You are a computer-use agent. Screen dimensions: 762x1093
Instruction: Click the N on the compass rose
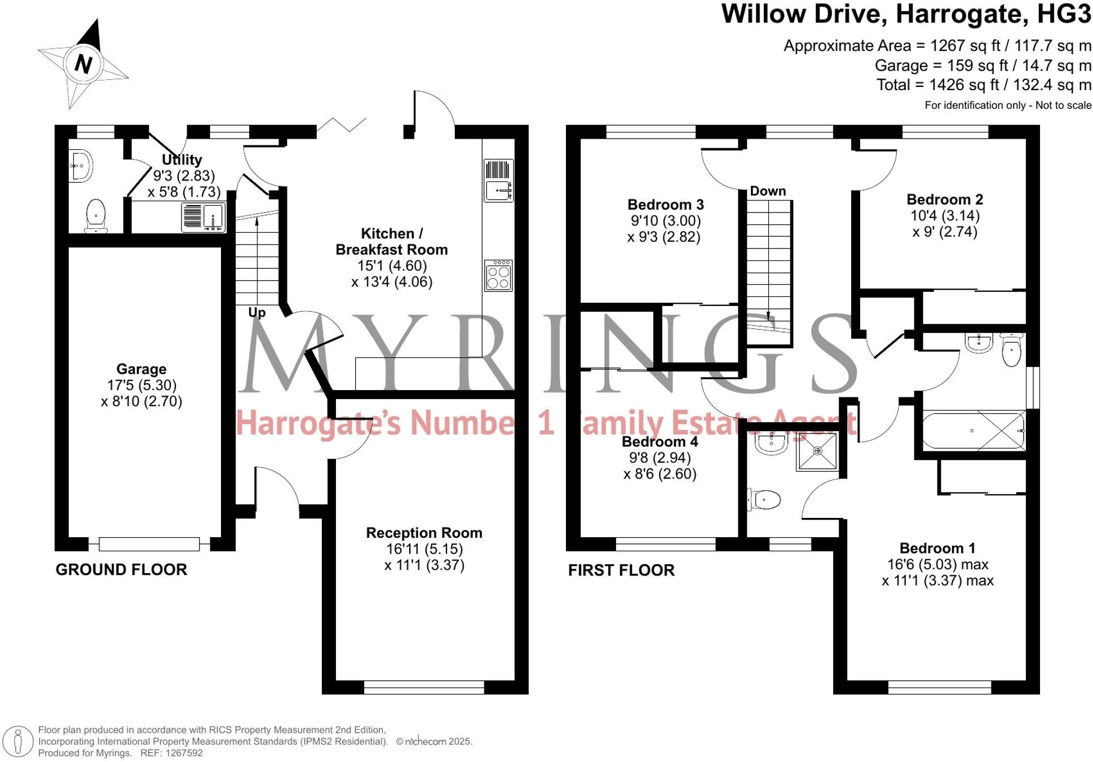83,64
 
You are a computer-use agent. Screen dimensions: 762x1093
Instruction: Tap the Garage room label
141,369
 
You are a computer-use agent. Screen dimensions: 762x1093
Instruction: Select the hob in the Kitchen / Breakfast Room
498,276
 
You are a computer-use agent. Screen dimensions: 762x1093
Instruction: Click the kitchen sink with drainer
498,180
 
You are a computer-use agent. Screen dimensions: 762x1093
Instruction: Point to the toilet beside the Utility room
96,215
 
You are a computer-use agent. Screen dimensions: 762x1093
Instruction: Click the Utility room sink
203,216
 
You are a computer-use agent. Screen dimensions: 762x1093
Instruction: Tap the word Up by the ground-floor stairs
256,312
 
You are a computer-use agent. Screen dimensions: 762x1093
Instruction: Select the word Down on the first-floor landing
767,191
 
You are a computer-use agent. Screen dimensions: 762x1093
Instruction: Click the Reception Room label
424,533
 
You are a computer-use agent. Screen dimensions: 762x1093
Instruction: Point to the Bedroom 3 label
665,204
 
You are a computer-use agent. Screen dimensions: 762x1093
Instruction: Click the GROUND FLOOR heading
121,570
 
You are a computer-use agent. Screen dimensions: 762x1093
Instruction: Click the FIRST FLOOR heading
621,570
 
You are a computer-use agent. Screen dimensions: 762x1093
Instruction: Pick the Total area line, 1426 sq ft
983,85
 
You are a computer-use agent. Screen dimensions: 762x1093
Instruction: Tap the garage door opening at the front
149,544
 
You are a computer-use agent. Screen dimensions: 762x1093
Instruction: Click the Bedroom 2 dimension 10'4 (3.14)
945,216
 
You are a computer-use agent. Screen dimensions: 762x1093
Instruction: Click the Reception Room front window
424,687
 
